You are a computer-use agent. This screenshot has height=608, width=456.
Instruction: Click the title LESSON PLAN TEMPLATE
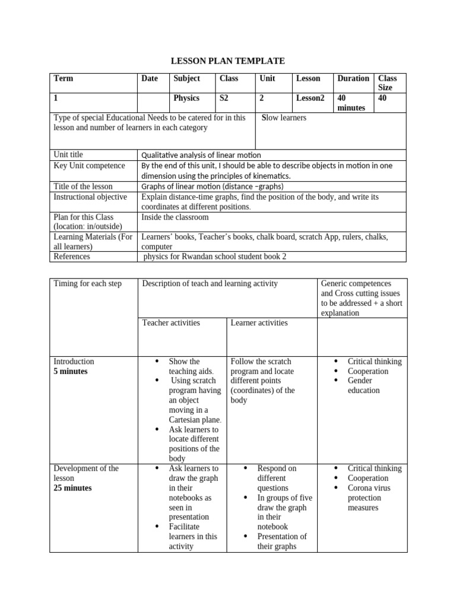click(x=228, y=61)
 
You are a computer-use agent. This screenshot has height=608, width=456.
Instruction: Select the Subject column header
click(x=186, y=78)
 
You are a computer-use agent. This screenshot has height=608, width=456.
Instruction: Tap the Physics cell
click(x=186, y=98)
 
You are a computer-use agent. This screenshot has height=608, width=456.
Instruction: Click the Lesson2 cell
click(x=310, y=98)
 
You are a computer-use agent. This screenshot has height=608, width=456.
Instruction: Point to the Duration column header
click(x=353, y=78)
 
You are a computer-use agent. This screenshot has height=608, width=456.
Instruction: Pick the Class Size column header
click(x=388, y=83)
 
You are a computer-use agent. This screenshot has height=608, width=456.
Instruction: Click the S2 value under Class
click(x=224, y=98)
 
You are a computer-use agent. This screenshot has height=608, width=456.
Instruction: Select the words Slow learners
click(x=284, y=118)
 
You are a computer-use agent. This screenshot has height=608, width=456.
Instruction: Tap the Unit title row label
click(x=68, y=155)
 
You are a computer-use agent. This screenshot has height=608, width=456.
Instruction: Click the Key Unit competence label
click(x=89, y=166)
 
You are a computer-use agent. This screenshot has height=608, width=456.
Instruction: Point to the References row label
click(x=72, y=256)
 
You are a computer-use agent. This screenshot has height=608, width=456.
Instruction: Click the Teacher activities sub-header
click(x=171, y=323)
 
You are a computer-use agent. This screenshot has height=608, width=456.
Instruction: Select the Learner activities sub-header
click(x=259, y=323)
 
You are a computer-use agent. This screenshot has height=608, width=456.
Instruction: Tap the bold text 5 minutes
click(x=70, y=372)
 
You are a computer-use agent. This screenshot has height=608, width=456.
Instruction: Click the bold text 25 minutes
click(x=72, y=488)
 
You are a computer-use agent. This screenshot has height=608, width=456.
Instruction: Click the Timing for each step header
click(x=87, y=284)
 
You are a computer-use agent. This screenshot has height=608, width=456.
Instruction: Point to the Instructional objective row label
click(x=90, y=197)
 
